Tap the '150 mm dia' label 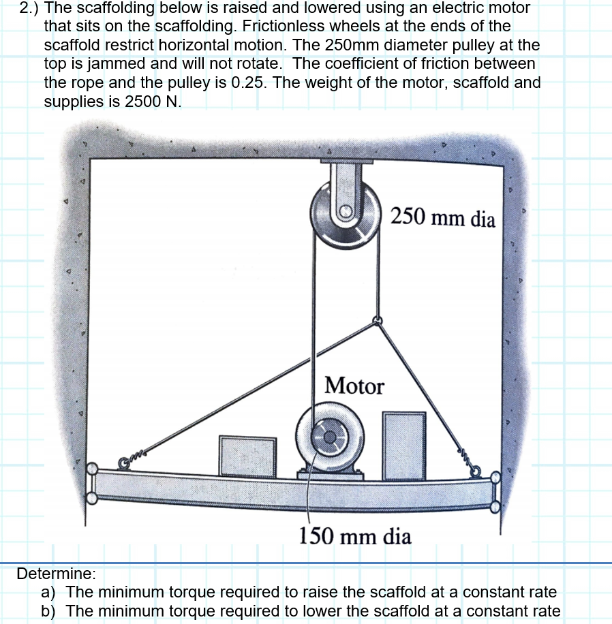[355, 535]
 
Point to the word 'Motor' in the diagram [354, 386]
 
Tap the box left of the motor [247, 455]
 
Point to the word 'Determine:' [56, 573]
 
